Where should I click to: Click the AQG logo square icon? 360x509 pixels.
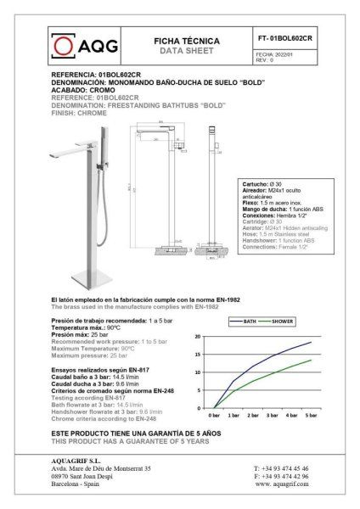click(x=60, y=43)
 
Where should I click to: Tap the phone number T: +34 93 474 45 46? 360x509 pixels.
click(x=284, y=468)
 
